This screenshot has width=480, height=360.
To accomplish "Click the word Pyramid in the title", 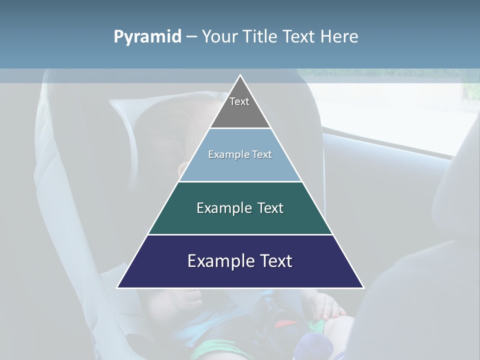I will point(147,37).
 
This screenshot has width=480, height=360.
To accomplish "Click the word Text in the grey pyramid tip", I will point(239,101).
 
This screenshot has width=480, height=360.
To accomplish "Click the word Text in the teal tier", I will point(270,208).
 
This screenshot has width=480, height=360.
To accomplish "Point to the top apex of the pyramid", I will point(240,75).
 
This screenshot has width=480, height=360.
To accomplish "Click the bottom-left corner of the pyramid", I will point(118,287).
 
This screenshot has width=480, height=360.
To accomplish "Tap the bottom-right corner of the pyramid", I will point(363,287).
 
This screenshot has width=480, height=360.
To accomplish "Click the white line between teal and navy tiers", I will point(240,234).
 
